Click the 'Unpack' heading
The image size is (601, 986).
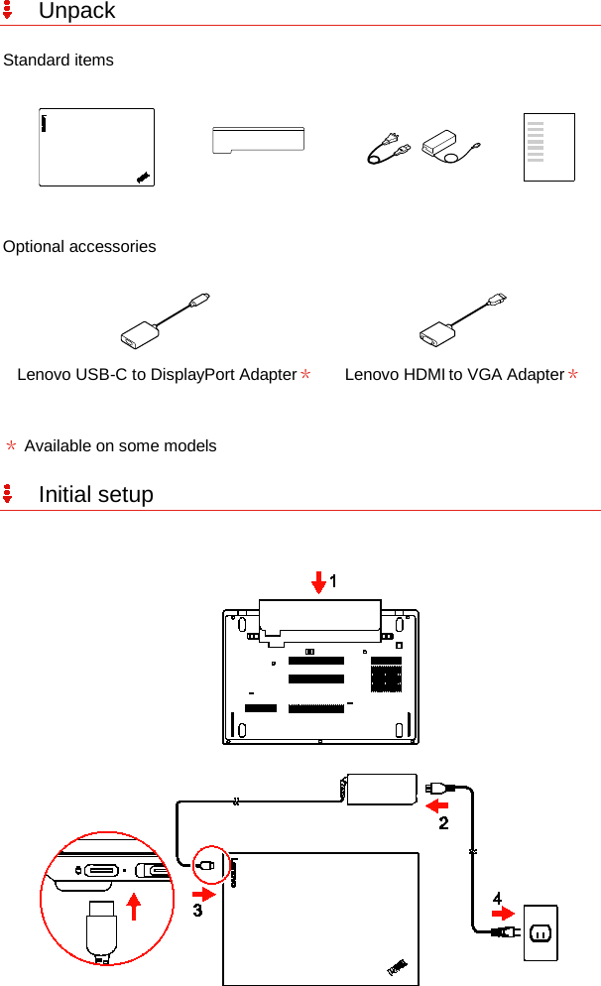(76, 12)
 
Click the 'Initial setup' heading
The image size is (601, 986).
(95, 494)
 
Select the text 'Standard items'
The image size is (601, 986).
(59, 61)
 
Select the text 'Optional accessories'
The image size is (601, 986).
(79, 247)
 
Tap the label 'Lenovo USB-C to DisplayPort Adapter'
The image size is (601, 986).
(157, 375)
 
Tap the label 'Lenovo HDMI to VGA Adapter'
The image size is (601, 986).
(454, 375)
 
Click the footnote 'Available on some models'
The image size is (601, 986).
(120, 446)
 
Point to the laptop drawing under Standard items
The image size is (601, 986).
(96, 147)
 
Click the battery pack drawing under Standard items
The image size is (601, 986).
(258, 140)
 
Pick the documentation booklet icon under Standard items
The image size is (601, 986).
(549, 147)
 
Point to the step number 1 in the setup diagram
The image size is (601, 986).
(333, 582)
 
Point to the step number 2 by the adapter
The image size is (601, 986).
(443, 822)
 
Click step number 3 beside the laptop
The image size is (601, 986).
(198, 911)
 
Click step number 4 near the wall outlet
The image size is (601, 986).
(497, 898)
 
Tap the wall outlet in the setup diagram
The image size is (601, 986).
(541, 931)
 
